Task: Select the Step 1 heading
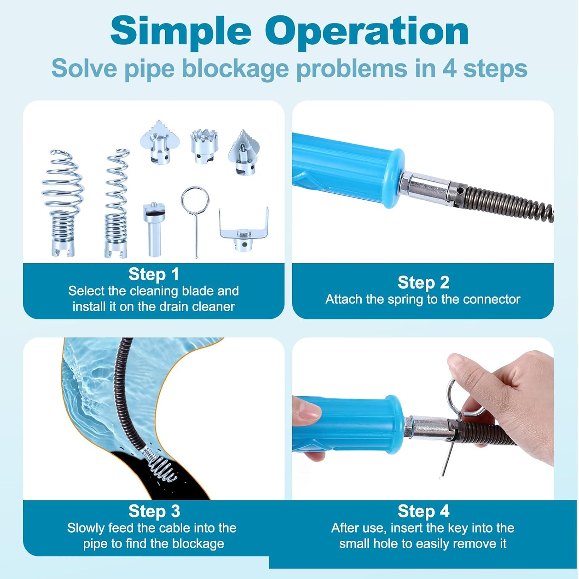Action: (x=154, y=274)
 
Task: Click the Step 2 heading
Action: (x=423, y=283)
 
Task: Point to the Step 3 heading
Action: (x=154, y=511)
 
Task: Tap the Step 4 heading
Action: (x=423, y=511)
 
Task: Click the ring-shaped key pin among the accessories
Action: (x=195, y=216)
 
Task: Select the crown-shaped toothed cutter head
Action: (x=204, y=147)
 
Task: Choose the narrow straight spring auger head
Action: (x=116, y=203)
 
